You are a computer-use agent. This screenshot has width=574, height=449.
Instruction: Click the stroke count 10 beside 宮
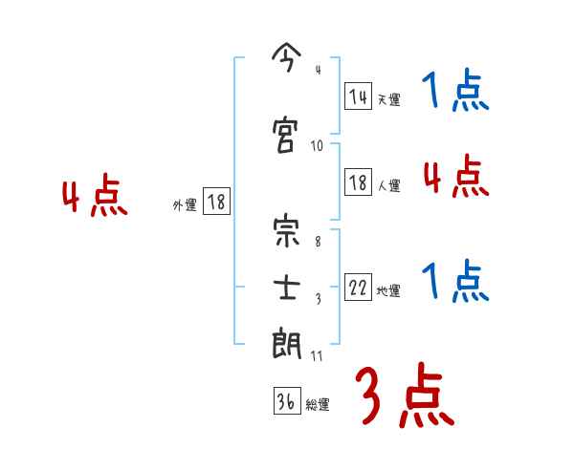pos(318,146)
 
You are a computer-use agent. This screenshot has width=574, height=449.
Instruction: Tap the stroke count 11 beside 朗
pos(318,355)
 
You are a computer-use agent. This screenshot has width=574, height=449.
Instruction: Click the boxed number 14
pos(358,95)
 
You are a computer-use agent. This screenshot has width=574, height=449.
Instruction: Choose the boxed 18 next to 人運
pos(358,182)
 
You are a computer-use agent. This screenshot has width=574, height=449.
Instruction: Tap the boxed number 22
pos(358,288)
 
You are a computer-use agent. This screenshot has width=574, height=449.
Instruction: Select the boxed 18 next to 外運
pos(215,202)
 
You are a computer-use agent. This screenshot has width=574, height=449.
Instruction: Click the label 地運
pos(388,291)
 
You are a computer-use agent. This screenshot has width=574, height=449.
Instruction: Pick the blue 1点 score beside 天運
pos(454,93)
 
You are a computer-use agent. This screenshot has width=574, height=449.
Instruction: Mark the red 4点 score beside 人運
pos(454,177)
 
